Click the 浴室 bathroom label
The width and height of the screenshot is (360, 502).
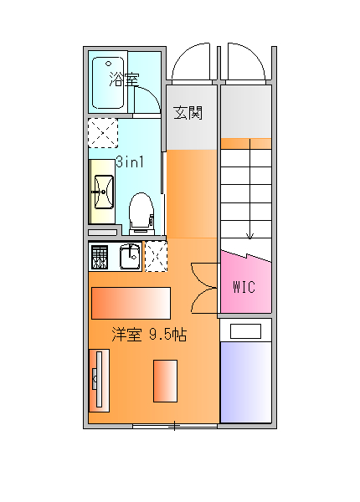point(124,79)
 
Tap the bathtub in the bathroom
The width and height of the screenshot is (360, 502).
point(108,83)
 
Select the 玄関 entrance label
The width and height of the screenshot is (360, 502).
point(188,113)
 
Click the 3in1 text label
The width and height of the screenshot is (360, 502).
point(130,162)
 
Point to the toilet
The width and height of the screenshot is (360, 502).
point(141,213)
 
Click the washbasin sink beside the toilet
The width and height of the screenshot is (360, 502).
point(104,192)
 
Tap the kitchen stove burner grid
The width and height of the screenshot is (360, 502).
point(100,257)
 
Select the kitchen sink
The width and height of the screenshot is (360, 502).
point(130,256)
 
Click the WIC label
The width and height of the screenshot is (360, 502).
point(244,287)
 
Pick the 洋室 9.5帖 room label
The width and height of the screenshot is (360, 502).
point(149,335)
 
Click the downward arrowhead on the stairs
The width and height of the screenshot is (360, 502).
point(249,236)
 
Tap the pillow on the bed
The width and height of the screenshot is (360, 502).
point(245,331)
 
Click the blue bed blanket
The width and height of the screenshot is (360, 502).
point(246,382)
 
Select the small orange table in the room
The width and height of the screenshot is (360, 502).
point(165,381)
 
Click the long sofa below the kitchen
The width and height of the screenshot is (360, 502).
point(131,303)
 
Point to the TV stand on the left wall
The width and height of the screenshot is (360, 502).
point(99,381)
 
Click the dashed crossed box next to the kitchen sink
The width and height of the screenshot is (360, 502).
point(157,257)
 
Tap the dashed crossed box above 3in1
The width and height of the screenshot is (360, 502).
point(103,133)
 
